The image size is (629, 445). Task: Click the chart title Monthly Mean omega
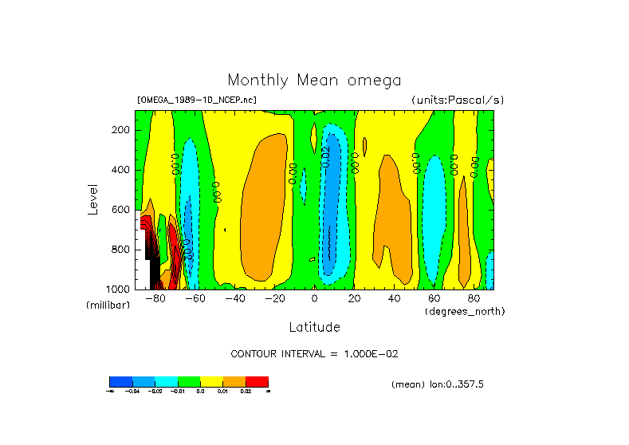click(x=314, y=80)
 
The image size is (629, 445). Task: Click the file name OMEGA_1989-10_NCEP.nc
click(x=197, y=100)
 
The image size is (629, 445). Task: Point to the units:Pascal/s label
click(x=458, y=100)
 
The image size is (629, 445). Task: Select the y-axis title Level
click(x=92, y=199)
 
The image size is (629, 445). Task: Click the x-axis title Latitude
click(x=314, y=327)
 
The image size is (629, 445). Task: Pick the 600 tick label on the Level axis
click(x=121, y=210)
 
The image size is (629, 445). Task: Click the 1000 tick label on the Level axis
click(x=119, y=289)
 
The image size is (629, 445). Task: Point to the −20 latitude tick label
click(x=273, y=299)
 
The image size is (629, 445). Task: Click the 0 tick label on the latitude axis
click(x=314, y=299)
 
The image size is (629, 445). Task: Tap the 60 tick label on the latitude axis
click(x=434, y=299)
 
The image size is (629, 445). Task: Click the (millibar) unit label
click(x=107, y=305)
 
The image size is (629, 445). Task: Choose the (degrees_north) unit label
click(x=465, y=311)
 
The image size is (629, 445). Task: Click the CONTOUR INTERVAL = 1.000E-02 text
click(x=313, y=353)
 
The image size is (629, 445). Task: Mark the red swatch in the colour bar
click(x=257, y=381)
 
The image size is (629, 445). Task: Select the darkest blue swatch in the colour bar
click(x=120, y=381)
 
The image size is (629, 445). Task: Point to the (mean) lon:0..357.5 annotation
click(x=438, y=384)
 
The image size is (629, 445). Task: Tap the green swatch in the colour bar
click(x=189, y=381)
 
